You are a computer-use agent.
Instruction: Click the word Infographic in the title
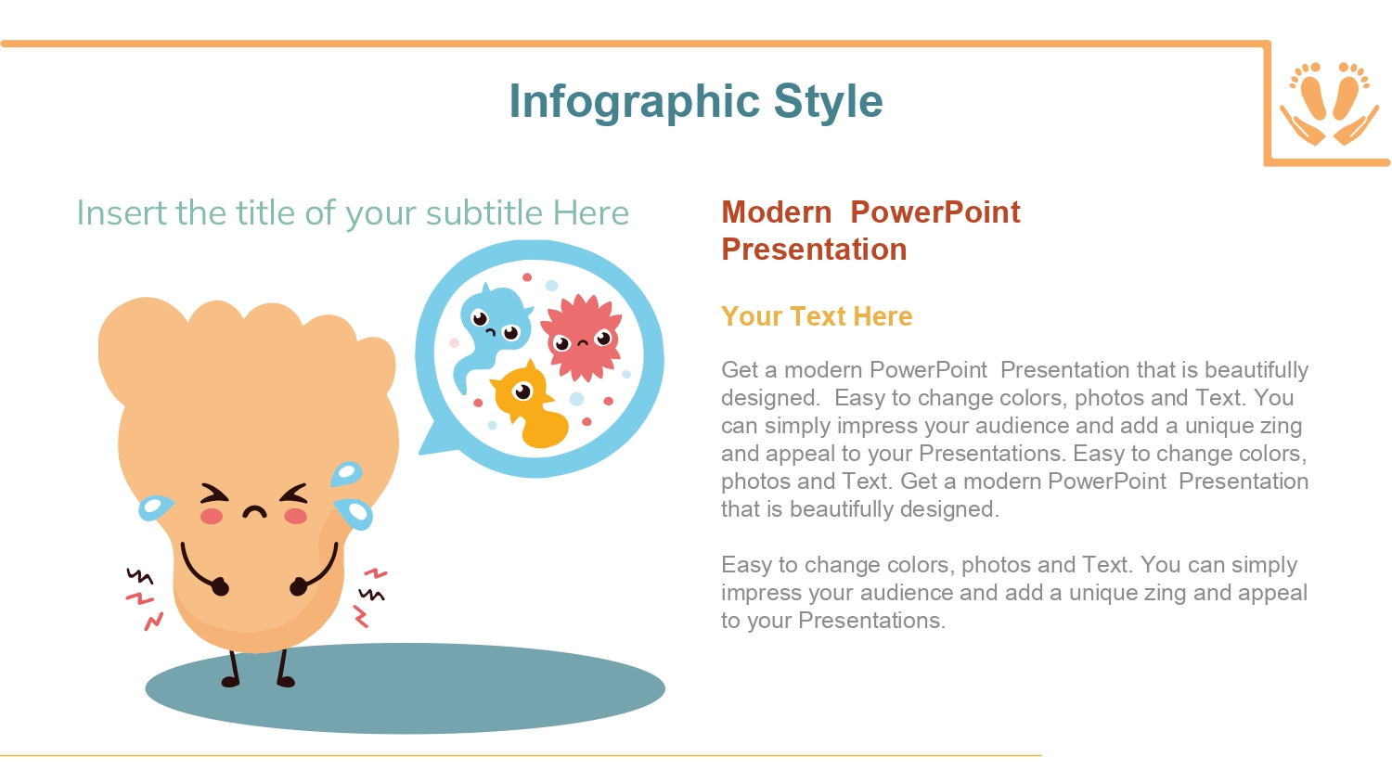pyautogui.click(x=635, y=101)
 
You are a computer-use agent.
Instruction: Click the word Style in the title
pyautogui.click(x=829, y=100)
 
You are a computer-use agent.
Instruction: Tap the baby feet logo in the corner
pyautogui.click(x=1329, y=103)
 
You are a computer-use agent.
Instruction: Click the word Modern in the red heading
pyautogui.click(x=776, y=212)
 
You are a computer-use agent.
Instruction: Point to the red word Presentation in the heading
pyautogui.click(x=814, y=250)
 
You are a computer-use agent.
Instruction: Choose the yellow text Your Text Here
pyautogui.click(x=817, y=316)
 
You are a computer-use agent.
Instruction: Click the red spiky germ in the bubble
pyautogui.click(x=582, y=338)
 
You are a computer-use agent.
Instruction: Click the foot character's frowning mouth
pyautogui.click(x=254, y=512)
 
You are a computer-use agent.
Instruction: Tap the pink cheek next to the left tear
pyautogui.click(x=212, y=516)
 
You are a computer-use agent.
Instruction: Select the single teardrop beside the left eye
pyautogui.click(x=155, y=507)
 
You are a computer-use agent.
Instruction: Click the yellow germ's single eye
pyautogui.click(x=522, y=391)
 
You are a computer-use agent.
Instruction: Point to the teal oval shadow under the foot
pyautogui.click(x=406, y=688)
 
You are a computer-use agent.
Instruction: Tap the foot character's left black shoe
pyautogui.click(x=230, y=682)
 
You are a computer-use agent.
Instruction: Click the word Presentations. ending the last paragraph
pyautogui.click(x=871, y=621)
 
